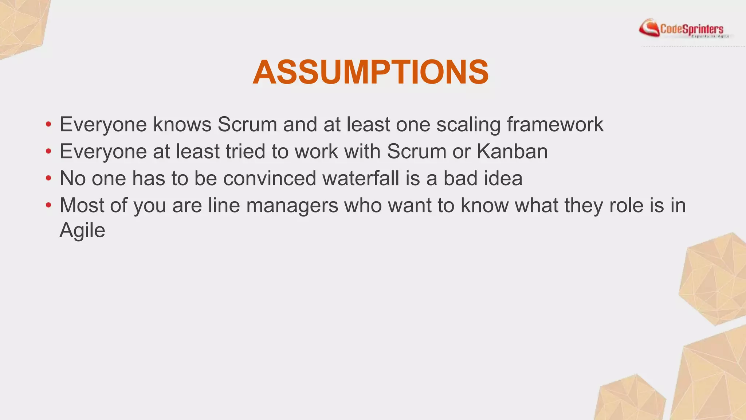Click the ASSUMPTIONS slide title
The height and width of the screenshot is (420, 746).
click(370, 73)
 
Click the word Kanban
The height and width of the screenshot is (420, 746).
click(512, 151)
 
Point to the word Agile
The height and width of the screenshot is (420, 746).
click(82, 231)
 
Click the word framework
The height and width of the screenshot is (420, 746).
click(555, 124)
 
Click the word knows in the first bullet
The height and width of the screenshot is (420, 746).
click(182, 124)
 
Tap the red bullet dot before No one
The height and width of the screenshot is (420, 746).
click(48, 179)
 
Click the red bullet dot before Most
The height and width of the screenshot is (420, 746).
click(48, 206)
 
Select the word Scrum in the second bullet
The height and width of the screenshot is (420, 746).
click(416, 151)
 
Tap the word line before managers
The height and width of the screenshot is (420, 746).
click(224, 205)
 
